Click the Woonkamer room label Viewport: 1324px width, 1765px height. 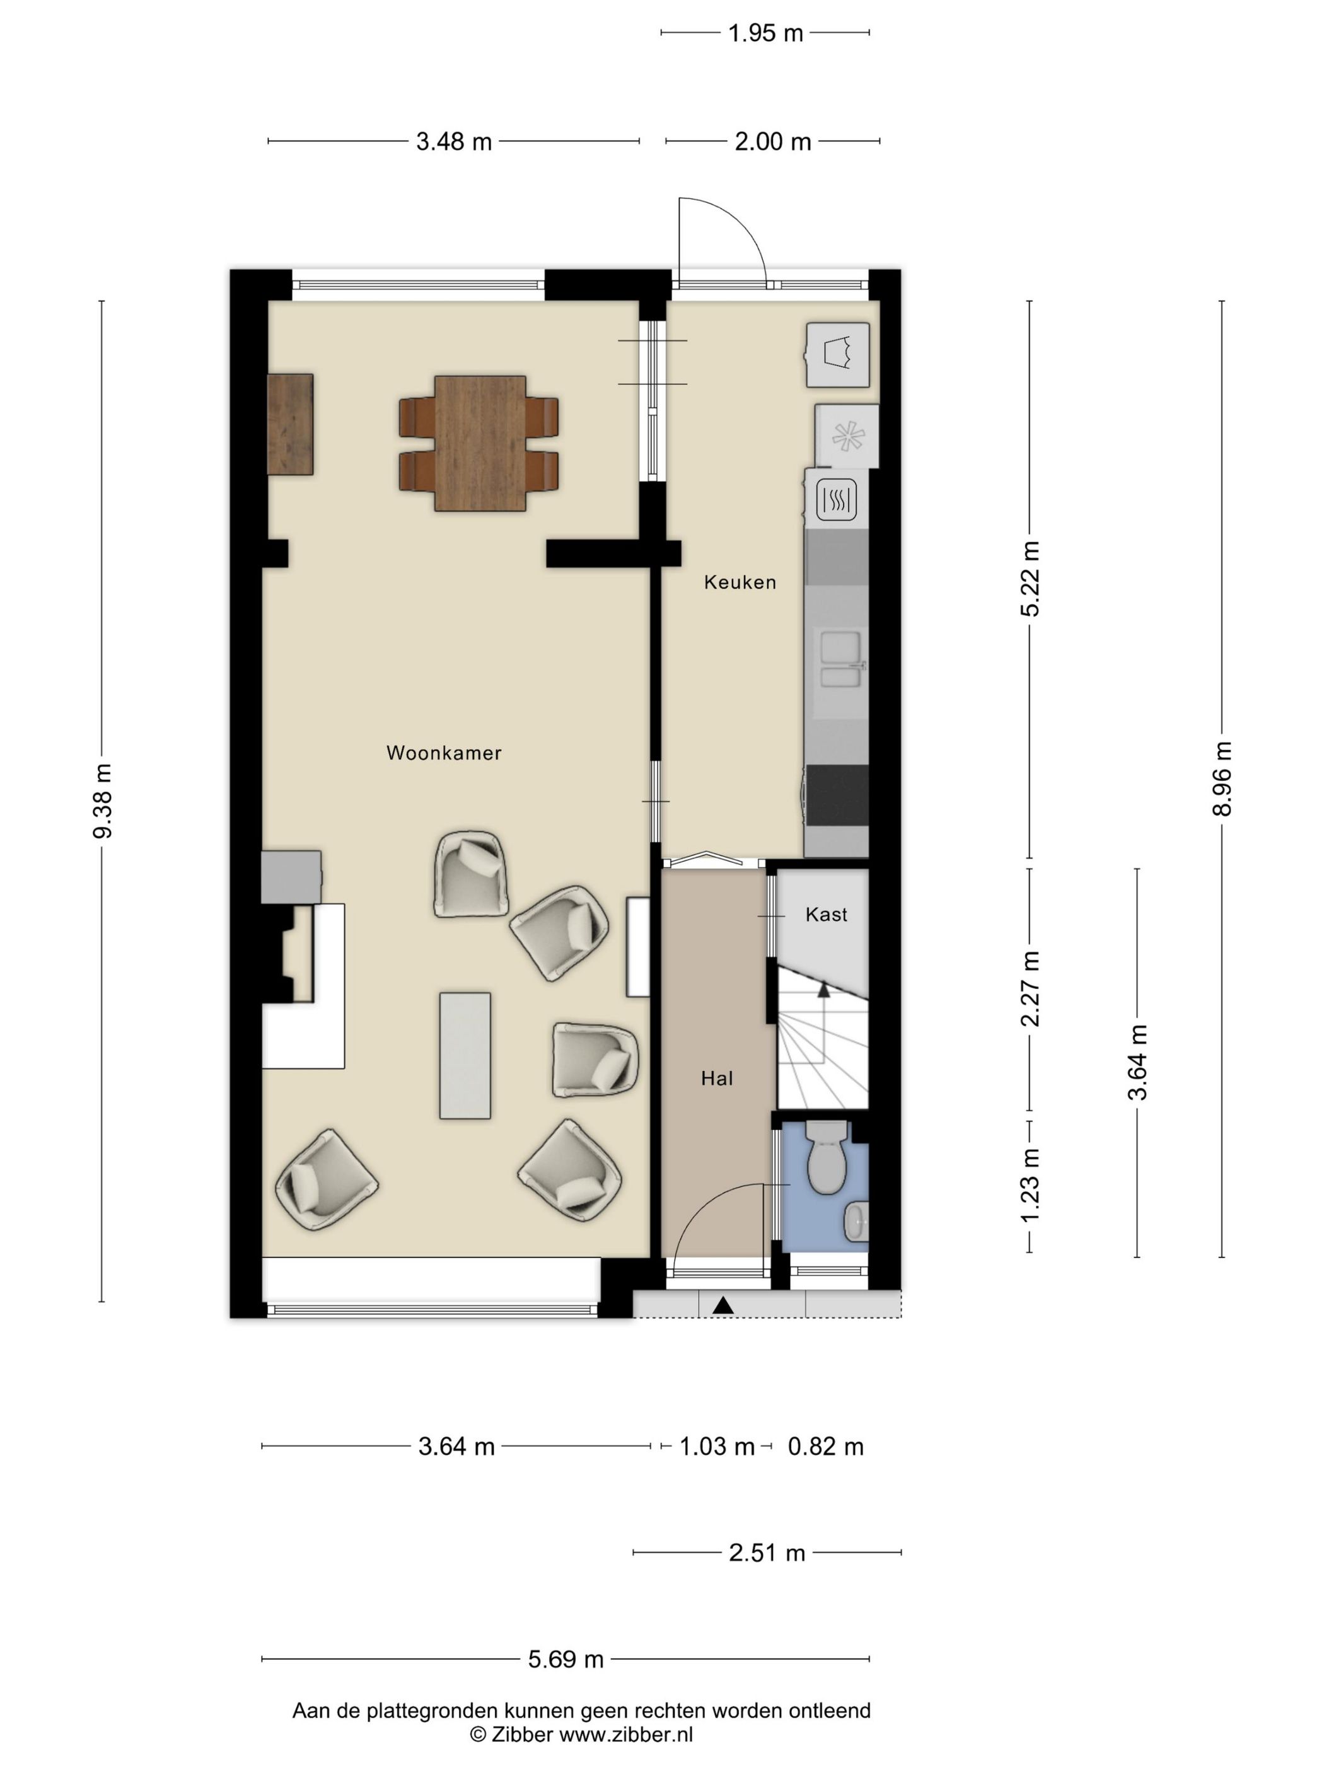click(x=444, y=753)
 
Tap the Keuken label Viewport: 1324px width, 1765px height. click(x=740, y=582)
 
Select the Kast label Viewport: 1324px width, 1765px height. click(x=826, y=915)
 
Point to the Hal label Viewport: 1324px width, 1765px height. click(x=717, y=1079)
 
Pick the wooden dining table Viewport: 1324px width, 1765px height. click(x=480, y=443)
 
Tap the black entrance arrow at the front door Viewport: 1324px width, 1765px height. click(x=723, y=1306)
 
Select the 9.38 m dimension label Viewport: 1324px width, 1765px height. click(x=102, y=801)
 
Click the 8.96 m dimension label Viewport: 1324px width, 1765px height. click(x=1222, y=778)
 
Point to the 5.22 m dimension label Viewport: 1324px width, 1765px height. click(x=1030, y=579)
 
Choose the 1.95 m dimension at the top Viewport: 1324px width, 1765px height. click(x=765, y=33)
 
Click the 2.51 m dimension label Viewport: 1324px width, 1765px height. click(x=767, y=1553)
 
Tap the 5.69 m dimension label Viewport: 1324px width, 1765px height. click(x=566, y=1660)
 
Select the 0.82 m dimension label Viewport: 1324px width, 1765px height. click(x=826, y=1447)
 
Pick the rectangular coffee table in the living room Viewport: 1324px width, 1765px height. click(x=465, y=1055)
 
